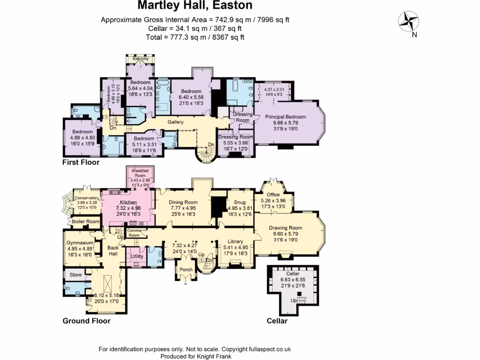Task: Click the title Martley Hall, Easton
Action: tap(195, 6)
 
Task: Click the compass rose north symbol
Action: tap(408, 21)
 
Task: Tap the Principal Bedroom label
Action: tap(285, 117)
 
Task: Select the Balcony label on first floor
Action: tap(141, 59)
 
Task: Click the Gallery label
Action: tap(176, 122)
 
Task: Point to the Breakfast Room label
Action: tap(141, 172)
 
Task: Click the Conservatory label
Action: tap(87, 198)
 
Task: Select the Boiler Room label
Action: tap(86, 221)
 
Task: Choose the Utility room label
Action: tap(137, 256)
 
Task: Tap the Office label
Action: tap(273, 195)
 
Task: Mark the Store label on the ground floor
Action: tap(75, 275)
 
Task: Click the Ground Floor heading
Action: tap(87, 321)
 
